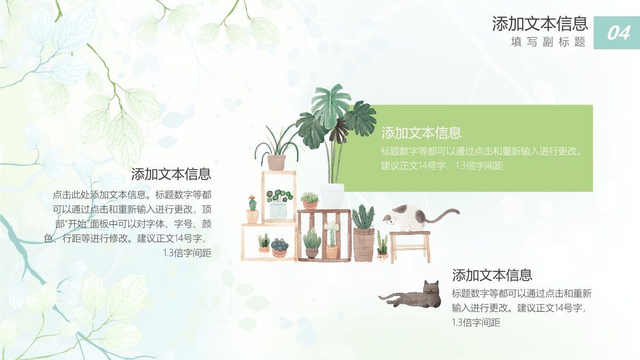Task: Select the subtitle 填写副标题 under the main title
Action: [548, 42]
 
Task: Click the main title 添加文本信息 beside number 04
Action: [540, 23]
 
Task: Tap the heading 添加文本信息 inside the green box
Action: [421, 133]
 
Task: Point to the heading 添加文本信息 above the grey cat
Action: [492, 275]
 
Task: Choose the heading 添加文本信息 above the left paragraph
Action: [171, 174]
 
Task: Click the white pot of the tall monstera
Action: [332, 195]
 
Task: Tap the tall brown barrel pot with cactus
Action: [364, 243]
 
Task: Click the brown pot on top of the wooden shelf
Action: [276, 162]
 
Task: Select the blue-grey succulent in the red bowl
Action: [279, 247]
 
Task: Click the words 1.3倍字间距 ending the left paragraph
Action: [187, 253]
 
